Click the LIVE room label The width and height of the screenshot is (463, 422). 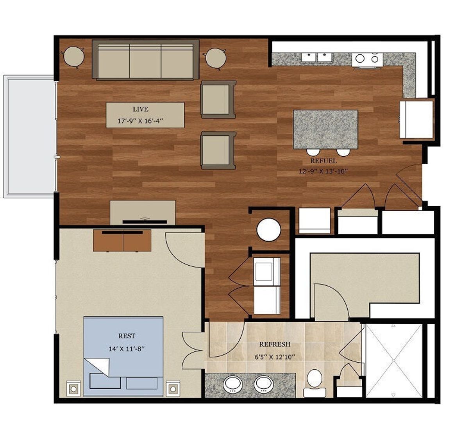[140, 109]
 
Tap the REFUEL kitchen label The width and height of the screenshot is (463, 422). [323, 161]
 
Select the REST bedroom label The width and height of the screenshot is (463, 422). [127, 336]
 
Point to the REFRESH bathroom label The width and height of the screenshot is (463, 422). [275, 344]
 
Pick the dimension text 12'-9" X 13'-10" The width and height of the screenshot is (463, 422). [323, 171]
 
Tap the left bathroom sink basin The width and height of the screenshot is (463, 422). [233, 384]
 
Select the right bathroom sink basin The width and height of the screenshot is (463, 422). [263, 384]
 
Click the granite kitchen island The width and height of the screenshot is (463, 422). [325, 129]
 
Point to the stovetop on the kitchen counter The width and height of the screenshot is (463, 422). [367, 59]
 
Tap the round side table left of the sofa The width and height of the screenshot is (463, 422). [74, 57]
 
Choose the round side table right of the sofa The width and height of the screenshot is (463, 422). [216, 58]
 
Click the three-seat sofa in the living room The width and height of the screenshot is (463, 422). [145, 60]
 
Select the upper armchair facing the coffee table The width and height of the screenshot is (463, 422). [218, 99]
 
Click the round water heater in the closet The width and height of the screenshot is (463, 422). [269, 230]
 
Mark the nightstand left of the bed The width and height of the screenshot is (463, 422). [73, 388]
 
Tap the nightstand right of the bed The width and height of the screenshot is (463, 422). [173, 388]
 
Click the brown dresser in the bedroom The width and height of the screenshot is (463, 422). [122, 240]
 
